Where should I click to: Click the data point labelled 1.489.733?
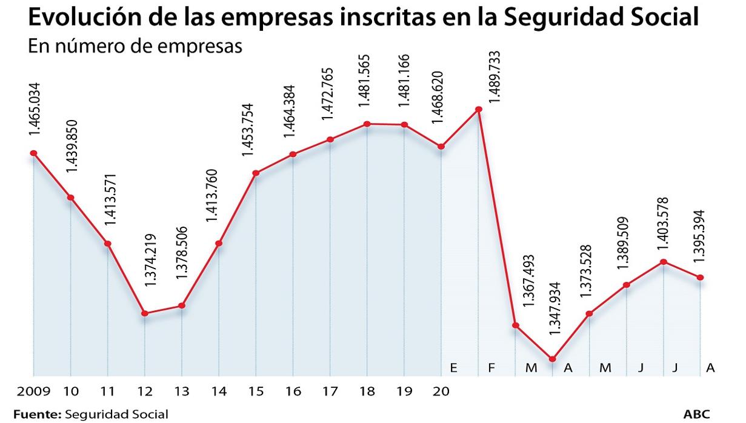point(479,110)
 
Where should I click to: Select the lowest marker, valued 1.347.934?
point(552,359)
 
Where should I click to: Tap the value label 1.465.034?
point(34,112)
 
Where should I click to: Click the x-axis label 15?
point(256,391)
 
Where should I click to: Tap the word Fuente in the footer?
point(37,415)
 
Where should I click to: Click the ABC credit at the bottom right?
point(696,415)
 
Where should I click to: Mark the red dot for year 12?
point(145,313)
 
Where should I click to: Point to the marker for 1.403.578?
point(664,262)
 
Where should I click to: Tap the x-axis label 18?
point(367,391)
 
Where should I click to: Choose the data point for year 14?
point(219,244)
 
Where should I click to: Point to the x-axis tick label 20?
point(441,391)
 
